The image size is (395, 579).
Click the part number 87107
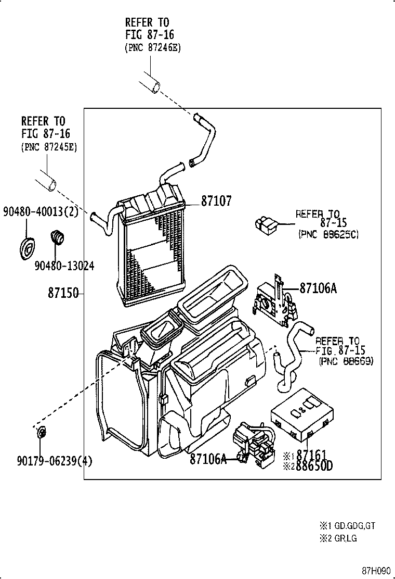216,201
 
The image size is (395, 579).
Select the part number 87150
63,293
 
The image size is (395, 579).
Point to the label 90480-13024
64,266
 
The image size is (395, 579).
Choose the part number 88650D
314,465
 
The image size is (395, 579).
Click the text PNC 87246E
153,47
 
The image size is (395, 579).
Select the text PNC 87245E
49,147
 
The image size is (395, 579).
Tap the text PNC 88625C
328,235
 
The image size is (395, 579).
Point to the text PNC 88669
346,361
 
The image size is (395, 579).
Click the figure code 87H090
376,570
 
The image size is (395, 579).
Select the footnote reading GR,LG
344,538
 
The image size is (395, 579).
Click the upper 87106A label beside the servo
318,287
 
